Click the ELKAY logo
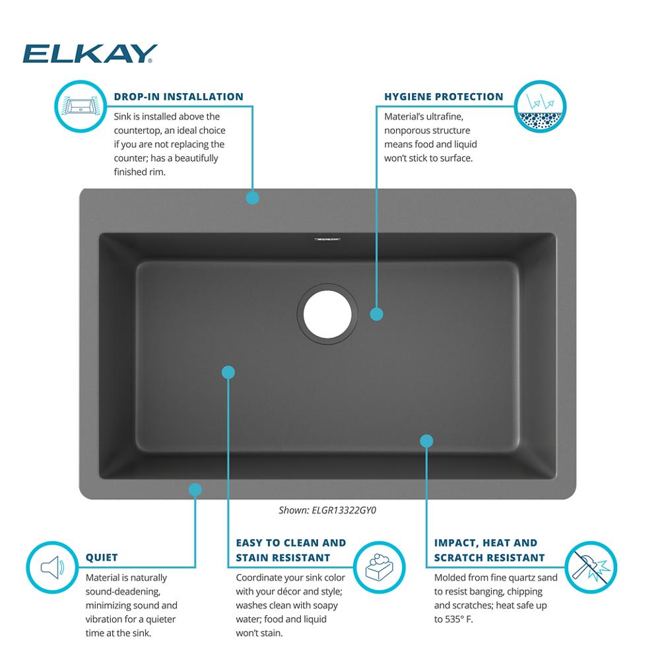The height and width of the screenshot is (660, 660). pos(90,53)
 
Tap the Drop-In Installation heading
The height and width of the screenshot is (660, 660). pos(178,97)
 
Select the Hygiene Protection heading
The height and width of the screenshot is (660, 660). pos(444,97)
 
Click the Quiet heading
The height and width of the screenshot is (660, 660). pos(102,557)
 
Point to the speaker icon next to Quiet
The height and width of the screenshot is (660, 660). pos(52,567)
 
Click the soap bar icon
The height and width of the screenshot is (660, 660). pos(379,567)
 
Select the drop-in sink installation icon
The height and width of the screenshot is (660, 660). pos(81,106)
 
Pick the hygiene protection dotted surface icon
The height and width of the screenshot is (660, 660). pos(540,106)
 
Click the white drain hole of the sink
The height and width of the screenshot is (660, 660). pos(327,314)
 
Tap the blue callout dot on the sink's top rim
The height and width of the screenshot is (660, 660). pos(253,198)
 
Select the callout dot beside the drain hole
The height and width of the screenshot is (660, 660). pos(377,314)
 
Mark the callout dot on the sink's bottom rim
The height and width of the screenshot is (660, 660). pos(195,490)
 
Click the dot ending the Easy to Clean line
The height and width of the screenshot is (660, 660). pos(228,372)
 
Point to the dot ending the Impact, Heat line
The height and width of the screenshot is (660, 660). pos(427,441)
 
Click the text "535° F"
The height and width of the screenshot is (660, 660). pos(459,619)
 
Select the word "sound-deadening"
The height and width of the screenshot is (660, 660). pos(123,592)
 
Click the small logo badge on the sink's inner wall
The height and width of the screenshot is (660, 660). pos(327,240)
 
